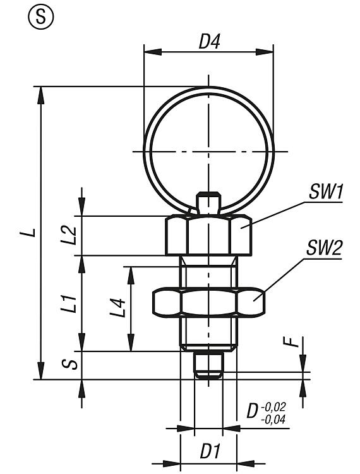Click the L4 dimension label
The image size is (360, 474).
click(117, 308)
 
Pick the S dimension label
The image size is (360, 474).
click(69, 365)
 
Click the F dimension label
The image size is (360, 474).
click(291, 342)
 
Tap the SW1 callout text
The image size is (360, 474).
click(325, 192)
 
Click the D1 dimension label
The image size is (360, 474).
click(210, 452)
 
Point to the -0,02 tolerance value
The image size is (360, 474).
click(273, 407)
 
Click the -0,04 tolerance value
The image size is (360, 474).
click(273, 420)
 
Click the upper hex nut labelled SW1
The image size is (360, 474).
click(208, 235)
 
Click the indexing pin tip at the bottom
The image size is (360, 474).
click(208, 365)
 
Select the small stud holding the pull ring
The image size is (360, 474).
click(208, 204)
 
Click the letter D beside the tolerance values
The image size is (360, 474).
click(253, 411)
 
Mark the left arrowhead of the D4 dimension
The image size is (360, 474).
click(153, 52)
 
